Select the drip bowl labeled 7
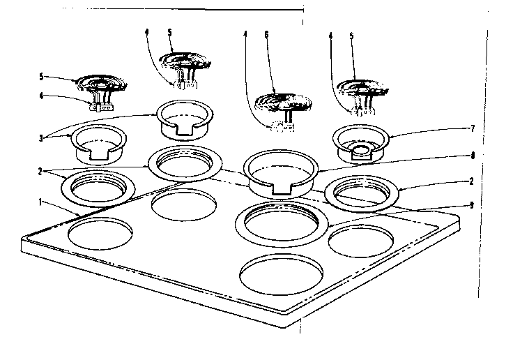click(361, 143)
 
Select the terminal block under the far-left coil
click(102, 106)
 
